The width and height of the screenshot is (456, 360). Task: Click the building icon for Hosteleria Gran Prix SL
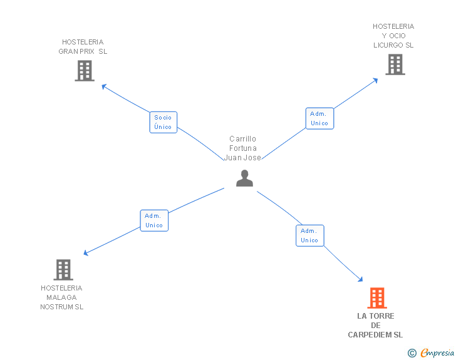(85, 71)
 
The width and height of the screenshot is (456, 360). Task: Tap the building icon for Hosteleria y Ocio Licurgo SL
(395, 64)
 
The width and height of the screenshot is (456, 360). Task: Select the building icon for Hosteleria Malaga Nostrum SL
(63, 270)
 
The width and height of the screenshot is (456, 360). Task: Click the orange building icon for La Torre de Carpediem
(376, 298)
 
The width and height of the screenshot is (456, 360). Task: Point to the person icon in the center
(244, 178)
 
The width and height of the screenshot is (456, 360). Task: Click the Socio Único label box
(163, 122)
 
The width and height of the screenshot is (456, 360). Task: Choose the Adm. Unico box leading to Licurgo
(319, 118)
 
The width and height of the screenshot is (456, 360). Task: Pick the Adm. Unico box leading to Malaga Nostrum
(154, 220)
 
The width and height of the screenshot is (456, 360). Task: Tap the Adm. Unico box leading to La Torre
(309, 235)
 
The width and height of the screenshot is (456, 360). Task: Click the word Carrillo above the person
(243, 139)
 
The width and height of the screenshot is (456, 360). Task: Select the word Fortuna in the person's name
(243, 148)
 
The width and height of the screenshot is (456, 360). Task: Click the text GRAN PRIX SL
(83, 51)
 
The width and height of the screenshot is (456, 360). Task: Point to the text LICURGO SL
(393, 45)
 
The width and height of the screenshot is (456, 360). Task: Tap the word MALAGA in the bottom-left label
(61, 297)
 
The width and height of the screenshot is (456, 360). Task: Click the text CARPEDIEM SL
(375, 335)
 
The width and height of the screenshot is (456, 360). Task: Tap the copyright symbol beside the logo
(412, 354)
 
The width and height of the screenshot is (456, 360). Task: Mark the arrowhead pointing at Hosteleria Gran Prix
(104, 86)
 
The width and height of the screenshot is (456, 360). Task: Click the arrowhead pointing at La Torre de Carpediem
(360, 279)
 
